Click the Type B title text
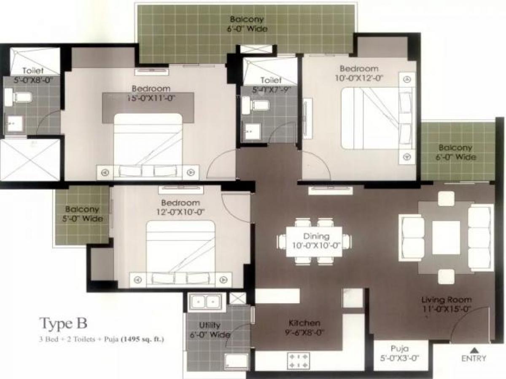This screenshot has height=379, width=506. (x=63, y=323)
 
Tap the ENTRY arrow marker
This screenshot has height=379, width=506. (x=474, y=350)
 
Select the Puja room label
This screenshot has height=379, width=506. (x=398, y=349)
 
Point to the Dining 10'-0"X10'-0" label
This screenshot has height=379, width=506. (x=316, y=241)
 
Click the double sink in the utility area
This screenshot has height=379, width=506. (x=205, y=302)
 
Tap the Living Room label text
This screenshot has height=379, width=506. (x=447, y=300)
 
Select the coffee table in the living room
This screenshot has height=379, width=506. (x=446, y=238)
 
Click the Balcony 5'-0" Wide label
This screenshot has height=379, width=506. (x=82, y=214)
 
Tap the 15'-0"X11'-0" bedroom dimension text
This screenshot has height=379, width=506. (x=151, y=98)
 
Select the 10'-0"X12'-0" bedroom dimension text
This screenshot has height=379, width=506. (x=359, y=77)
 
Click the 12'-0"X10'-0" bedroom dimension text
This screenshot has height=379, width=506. (x=180, y=212)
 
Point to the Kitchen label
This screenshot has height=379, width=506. (x=304, y=323)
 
